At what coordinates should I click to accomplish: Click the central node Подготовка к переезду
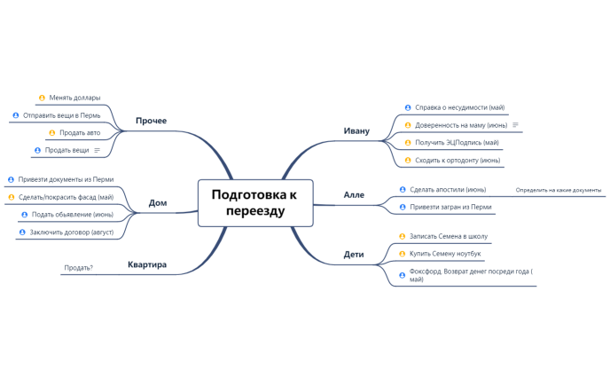(254, 202)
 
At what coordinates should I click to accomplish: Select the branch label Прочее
(151, 120)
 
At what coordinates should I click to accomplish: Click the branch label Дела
(157, 202)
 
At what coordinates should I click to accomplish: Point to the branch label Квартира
(146, 264)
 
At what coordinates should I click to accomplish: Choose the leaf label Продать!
(78, 267)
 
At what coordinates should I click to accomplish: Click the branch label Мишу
(356, 130)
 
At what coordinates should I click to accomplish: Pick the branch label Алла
(354, 193)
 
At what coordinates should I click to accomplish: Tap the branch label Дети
(354, 255)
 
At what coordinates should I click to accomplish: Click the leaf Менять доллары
(74, 98)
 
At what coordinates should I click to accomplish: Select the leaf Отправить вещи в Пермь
(61, 115)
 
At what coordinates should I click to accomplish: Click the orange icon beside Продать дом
(51, 133)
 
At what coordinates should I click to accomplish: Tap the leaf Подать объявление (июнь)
(73, 215)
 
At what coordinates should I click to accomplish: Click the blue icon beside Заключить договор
(22, 232)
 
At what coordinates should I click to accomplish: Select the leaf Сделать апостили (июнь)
(448, 189)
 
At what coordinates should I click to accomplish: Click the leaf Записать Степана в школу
(449, 236)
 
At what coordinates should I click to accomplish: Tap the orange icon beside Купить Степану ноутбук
(403, 254)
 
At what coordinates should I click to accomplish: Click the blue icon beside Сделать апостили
(403, 189)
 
